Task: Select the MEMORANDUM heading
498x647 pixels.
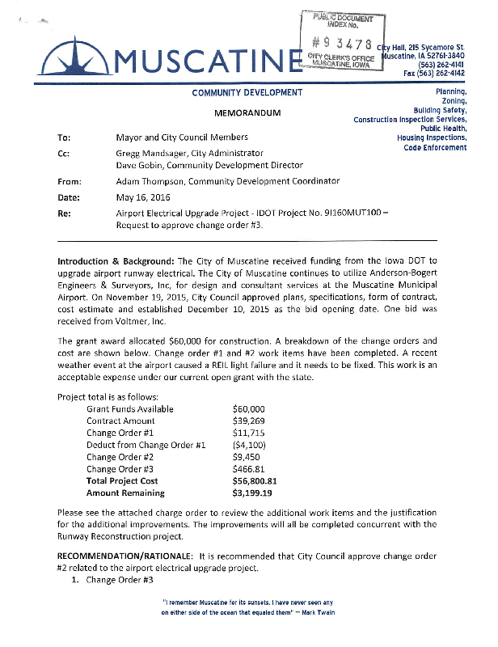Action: [x=247, y=113]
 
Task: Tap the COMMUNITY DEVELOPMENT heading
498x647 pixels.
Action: [x=247, y=93]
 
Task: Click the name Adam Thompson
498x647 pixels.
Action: [x=152, y=182]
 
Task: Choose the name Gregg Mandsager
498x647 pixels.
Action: [x=151, y=153]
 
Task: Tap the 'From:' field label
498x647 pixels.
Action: [x=68, y=182]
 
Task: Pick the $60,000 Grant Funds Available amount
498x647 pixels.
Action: [x=248, y=409]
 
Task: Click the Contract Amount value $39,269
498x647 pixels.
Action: [x=248, y=421]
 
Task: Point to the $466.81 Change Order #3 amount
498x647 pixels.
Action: [x=248, y=468]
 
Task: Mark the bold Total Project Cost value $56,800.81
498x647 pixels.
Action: [x=255, y=480]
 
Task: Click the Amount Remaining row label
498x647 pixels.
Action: [x=125, y=493]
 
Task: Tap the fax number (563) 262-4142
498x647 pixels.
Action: [x=441, y=73]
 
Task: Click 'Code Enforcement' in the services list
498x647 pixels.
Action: [x=435, y=147]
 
